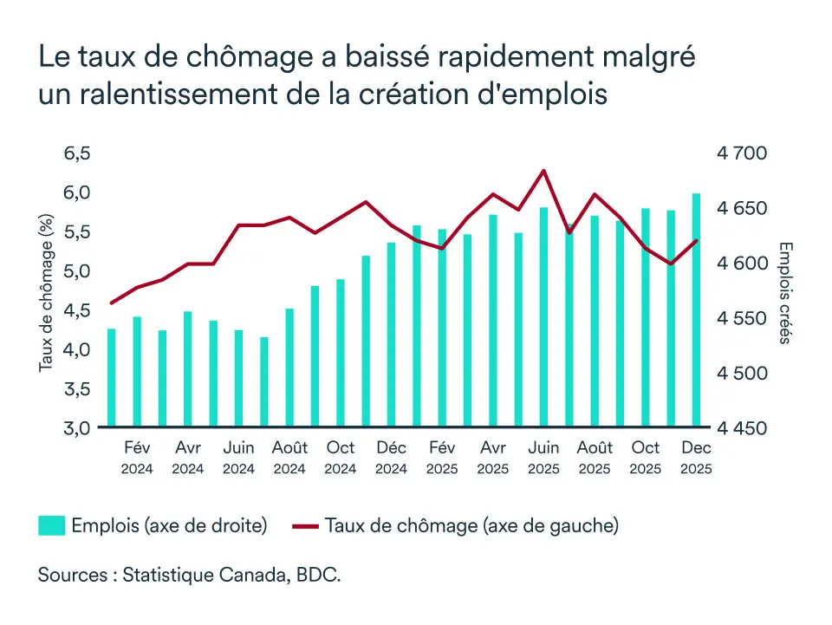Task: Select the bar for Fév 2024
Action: (137, 372)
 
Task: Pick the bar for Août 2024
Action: (289, 368)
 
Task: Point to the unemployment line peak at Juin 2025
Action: (543, 171)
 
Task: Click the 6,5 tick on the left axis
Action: (77, 153)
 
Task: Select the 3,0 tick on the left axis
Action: (77, 428)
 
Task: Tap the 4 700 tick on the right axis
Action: (742, 153)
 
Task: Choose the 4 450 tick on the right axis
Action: (742, 428)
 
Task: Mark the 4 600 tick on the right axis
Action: (742, 264)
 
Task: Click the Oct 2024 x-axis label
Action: (341, 457)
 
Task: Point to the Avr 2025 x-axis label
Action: (493, 457)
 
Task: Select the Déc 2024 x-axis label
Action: (392, 457)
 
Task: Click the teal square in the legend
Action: (51, 525)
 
